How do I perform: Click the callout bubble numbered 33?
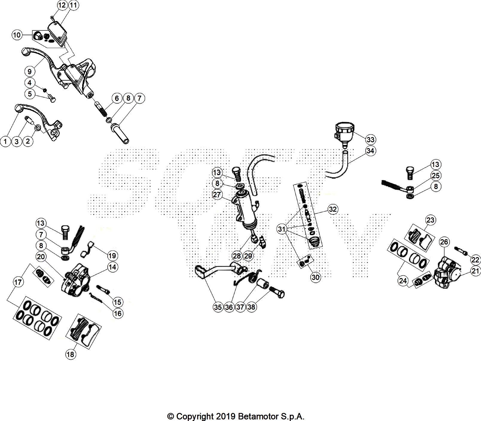point(370,139)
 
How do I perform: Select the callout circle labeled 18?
point(71,354)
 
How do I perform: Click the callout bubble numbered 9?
point(29,71)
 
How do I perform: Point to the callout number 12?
point(62,5)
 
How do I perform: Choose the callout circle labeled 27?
point(217,195)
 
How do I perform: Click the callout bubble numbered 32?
point(333,209)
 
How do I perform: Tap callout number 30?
point(315,277)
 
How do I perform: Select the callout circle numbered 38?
point(252,307)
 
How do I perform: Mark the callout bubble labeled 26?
point(444,242)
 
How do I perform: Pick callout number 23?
point(430,220)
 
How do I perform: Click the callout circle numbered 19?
point(112,256)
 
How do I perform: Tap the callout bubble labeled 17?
point(19,282)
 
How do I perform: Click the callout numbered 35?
point(218,307)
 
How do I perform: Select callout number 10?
point(17,35)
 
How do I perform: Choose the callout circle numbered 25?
point(436,176)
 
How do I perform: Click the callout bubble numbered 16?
point(118,313)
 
